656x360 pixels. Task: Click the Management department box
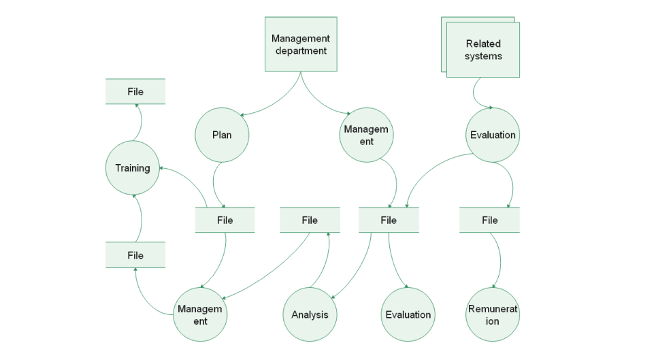point(300,44)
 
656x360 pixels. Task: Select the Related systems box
point(483,50)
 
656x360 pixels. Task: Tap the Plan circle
point(222,135)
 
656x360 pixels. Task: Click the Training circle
point(133,167)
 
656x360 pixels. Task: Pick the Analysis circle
point(310,314)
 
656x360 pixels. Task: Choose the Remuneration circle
point(493,314)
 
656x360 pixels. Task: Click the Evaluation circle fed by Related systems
point(493,135)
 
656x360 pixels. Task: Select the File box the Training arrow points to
point(135,92)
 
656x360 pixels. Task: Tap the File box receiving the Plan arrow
point(225,220)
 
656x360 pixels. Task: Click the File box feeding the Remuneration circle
point(489,220)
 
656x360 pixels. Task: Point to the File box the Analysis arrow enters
point(310,220)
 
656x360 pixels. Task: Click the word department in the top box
point(301,50)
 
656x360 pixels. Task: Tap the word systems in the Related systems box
point(483,56)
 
